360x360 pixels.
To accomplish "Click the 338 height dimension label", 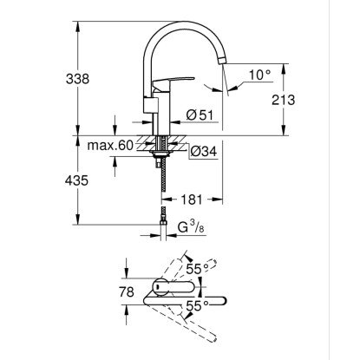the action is [77, 79].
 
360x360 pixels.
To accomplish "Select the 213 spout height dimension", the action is [284, 100].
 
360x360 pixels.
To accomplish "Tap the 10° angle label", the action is [260, 75].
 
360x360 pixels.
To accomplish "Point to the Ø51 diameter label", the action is [200, 115].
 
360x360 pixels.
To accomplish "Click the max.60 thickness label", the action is [110, 146].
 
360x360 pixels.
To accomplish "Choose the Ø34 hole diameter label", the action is [204, 151].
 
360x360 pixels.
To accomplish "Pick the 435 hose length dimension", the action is [76, 180].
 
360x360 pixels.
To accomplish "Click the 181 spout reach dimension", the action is [192, 200].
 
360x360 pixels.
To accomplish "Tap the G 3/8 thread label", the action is [191, 227].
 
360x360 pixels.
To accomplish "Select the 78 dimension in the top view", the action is [127, 291].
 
